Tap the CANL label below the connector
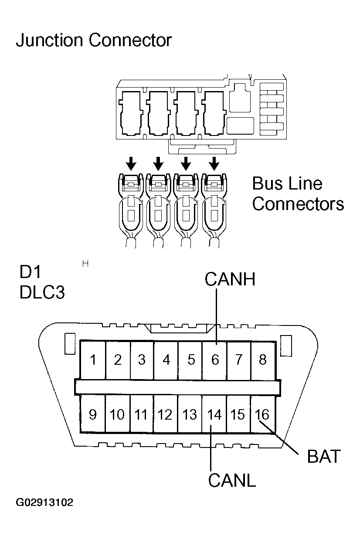pos(231,480)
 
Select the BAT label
pos(323,457)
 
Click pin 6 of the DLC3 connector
pos(215,360)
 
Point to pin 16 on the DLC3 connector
pos(262,414)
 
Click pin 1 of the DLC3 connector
pos(93,360)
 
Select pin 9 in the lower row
pos(93,414)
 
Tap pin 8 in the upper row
pos(262,360)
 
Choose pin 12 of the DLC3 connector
pos(165,414)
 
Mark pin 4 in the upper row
pos(166,360)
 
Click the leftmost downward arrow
pos(131,164)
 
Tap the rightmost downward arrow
pos(214,164)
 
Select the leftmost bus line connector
pos(131,209)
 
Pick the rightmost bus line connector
pos(214,209)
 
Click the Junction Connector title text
pos(94,41)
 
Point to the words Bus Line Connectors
pos(298,193)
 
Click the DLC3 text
pos(42,292)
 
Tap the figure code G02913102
pos(44,503)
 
